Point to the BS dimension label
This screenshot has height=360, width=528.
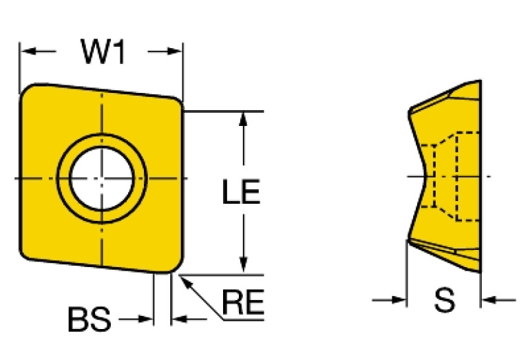[x=89, y=319]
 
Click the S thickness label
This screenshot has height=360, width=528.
[x=445, y=300]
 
